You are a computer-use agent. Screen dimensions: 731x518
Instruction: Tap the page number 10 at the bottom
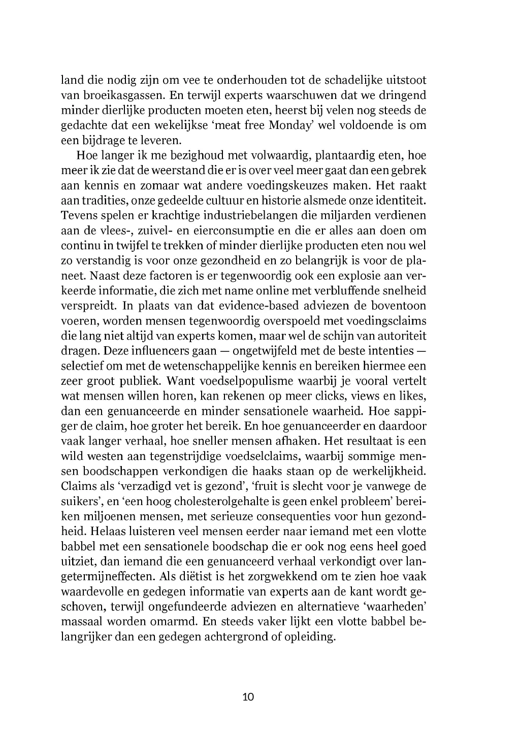248,696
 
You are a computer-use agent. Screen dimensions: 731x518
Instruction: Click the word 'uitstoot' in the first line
406,80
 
